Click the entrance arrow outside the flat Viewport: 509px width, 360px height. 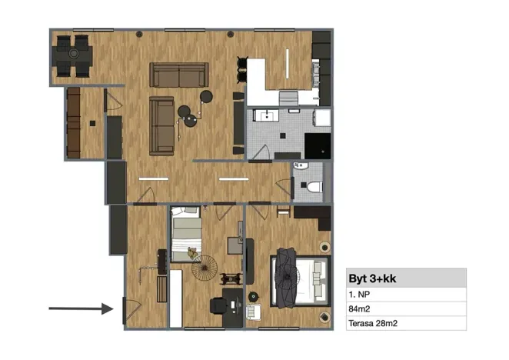tap(81, 308)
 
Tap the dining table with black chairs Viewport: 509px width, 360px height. tap(72, 55)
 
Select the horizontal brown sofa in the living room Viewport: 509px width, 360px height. tap(179, 75)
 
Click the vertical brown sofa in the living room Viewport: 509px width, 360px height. tap(161, 125)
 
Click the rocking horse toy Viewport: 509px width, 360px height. tap(229, 278)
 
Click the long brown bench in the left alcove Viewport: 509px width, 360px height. tap(74, 123)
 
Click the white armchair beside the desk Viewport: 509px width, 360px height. tap(253, 312)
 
